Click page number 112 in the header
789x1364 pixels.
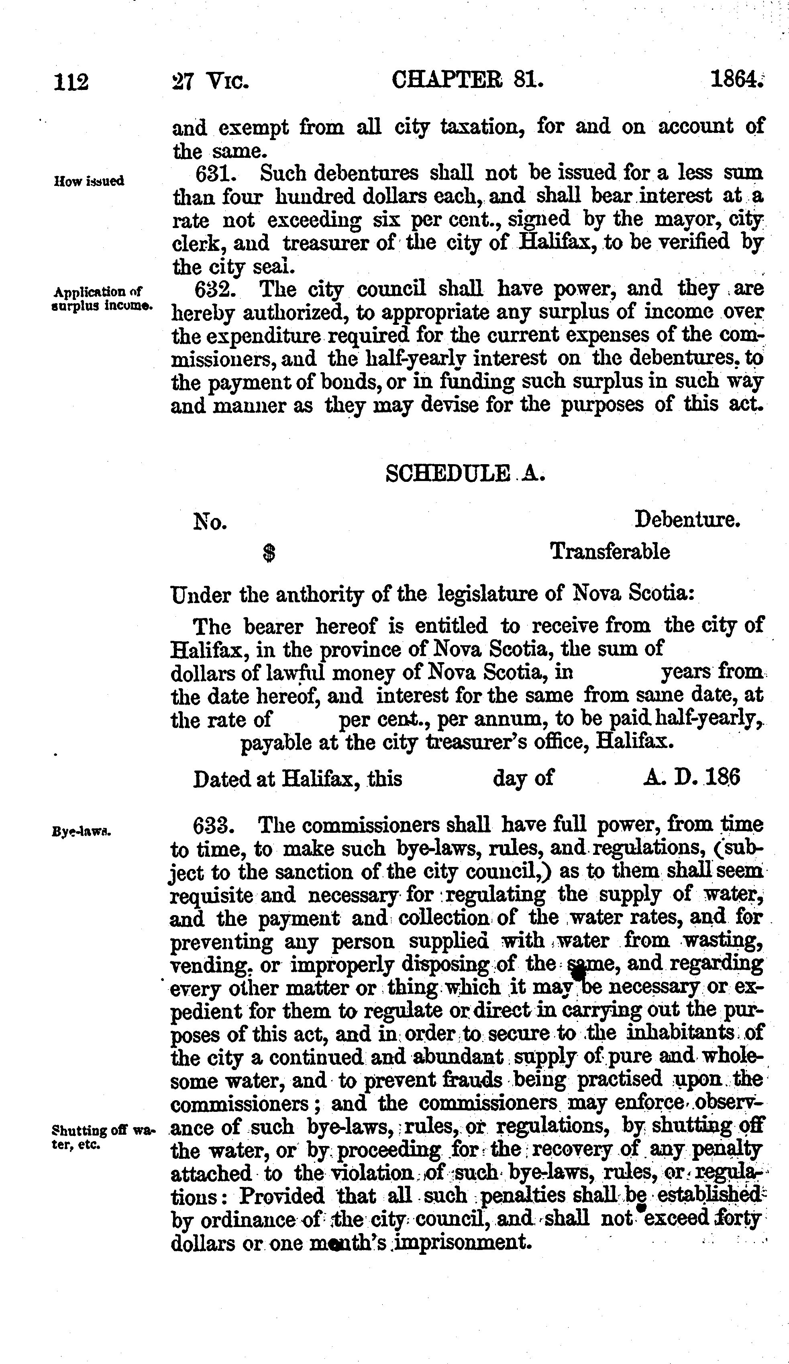pos(71,82)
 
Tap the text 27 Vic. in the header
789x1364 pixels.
pos(210,82)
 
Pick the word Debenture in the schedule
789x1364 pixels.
pos(687,520)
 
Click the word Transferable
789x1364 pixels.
pos(610,552)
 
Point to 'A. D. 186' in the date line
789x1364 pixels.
pos(691,778)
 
